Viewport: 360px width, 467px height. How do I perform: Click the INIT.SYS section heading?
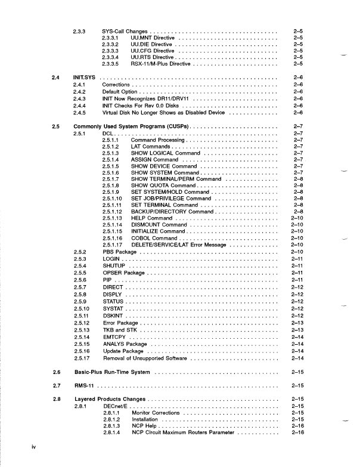coord(85,78)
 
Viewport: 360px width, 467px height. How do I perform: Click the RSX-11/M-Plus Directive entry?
coord(162,63)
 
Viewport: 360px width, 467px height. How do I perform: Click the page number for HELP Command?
coord(299,218)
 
